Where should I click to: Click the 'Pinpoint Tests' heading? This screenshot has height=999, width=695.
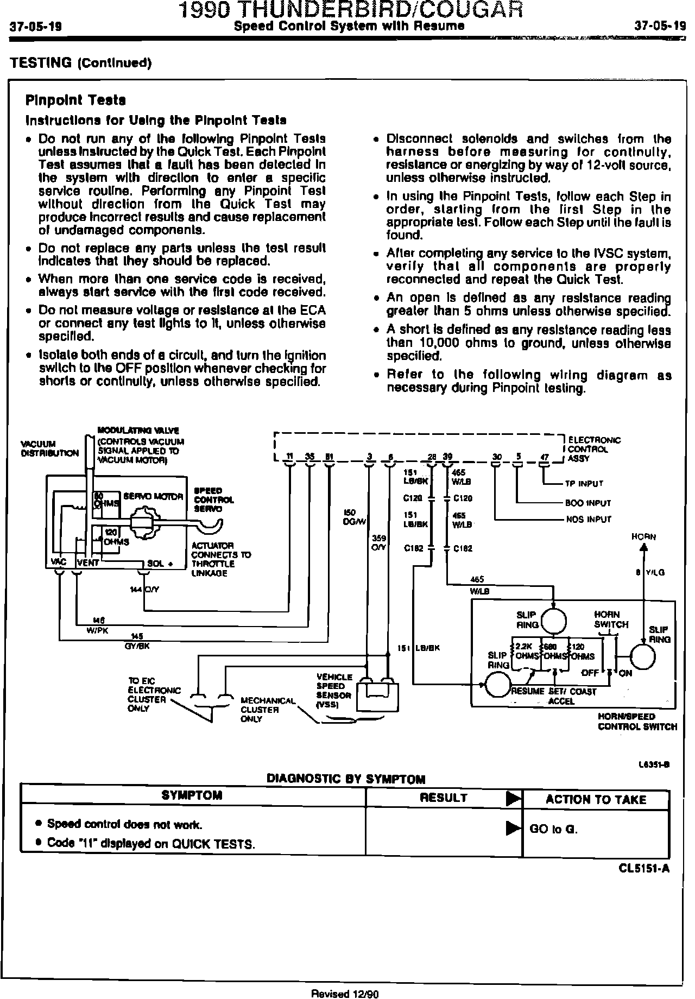click(75, 100)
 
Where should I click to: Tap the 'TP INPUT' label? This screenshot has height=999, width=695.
click(584, 483)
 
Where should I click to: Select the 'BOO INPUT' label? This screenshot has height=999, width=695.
click(587, 503)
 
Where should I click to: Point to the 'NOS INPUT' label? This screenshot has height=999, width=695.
click(588, 519)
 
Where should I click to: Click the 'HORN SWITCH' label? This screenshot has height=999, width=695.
click(611, 619)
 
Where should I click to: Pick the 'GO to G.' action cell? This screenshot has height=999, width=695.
click(553, 829)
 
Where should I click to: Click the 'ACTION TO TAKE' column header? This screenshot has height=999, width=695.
click(596, 799)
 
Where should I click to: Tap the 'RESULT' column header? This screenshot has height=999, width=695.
click(444, 798)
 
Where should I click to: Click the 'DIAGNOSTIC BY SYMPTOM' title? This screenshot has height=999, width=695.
click(346, 779)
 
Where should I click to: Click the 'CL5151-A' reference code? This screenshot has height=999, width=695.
click(644, 868)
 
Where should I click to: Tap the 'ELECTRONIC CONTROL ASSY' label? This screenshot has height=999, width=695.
click(593, 449)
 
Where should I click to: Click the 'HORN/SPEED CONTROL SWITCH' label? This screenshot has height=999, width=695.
click(637, 722)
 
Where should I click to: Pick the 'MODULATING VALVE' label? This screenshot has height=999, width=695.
click(138, 431)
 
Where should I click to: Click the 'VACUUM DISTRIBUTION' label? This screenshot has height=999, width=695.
click(50, 448)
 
